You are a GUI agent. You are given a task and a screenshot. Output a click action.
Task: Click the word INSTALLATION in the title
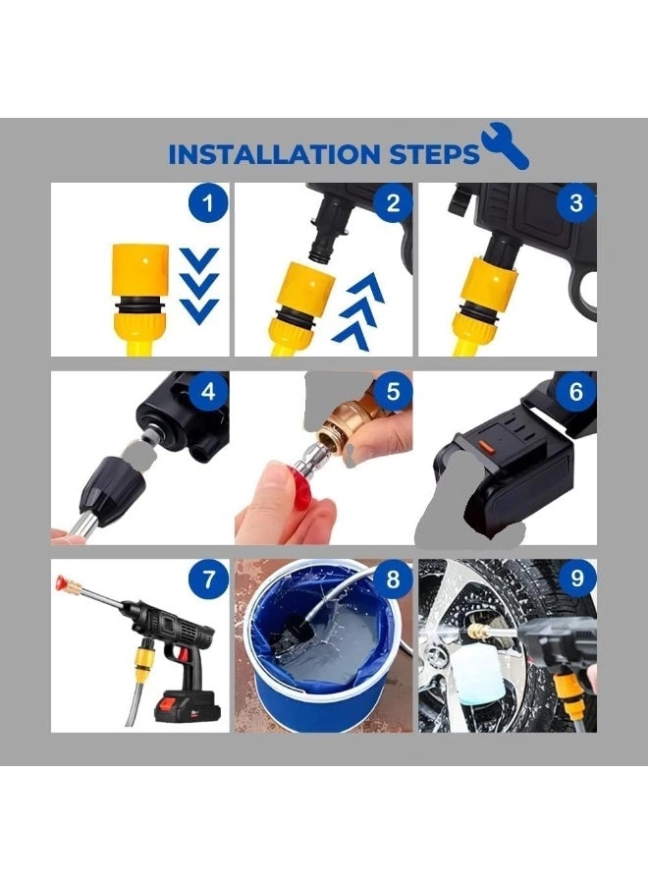tap(272, 154)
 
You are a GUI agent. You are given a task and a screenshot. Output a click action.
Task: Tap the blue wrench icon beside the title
tap(506, 147)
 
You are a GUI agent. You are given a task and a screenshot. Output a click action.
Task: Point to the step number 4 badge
tap(208, 392)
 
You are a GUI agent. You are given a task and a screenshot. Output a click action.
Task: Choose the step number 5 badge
tap(393, 392)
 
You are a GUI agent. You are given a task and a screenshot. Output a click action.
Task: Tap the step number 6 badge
tap(576, 392)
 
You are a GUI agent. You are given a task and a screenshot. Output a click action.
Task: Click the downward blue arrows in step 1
tap(200, 285)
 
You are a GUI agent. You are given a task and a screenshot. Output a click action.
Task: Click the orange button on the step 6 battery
tap(483, 443)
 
